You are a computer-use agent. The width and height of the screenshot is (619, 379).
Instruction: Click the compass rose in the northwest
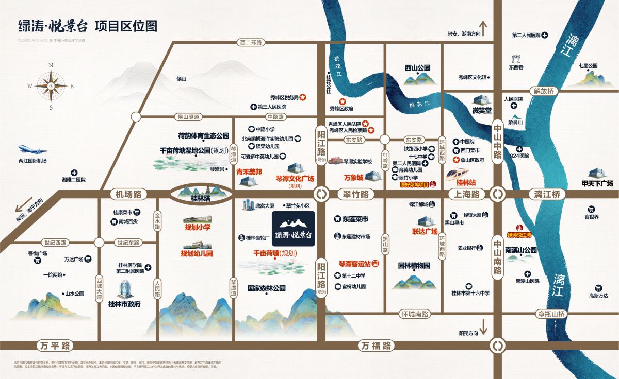pyautogui.click(x=51, y=86)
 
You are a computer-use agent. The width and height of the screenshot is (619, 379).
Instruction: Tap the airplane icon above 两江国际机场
pyautogui.click(x=32, y=149)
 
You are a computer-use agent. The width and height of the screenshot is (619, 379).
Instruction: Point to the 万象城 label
pyautogui.click(x=353, y=178)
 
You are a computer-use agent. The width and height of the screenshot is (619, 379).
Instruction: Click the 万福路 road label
pyautogui.click(x=376, y=346)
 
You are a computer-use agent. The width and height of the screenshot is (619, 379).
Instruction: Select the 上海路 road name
pyautogui.click(x=467, y=195)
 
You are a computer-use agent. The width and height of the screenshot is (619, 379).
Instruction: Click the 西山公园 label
pyautogui.click(x=417, y=67)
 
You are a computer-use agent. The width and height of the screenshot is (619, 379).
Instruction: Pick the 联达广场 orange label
pyautogui.click(x=425, y=232)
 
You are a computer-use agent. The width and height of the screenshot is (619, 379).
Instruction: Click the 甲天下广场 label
pyautogui.click(x=597, y=183)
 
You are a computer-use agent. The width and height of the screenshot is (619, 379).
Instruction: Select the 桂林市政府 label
pyautogui.click(x=124, y=304)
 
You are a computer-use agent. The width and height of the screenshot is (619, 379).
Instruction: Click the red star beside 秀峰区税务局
pyautogui.click(x=304, y=97)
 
